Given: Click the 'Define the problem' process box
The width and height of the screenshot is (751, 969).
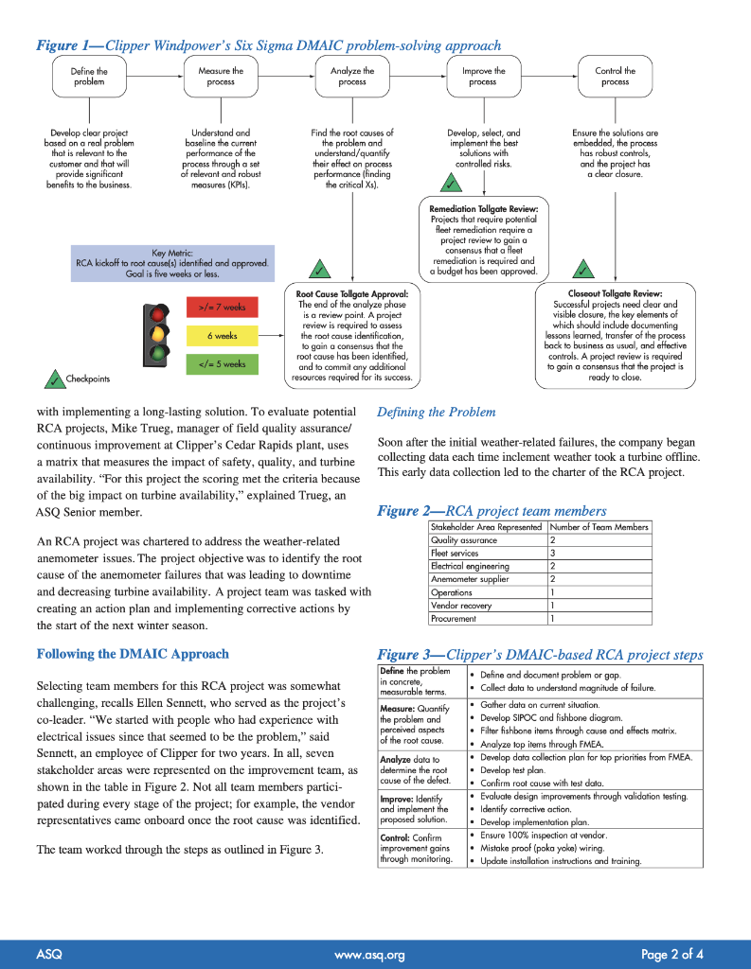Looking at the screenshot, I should (89, 77).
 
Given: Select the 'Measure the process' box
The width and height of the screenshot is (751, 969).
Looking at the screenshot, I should (221, 77).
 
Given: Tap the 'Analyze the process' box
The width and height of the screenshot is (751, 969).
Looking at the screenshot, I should (352, 77).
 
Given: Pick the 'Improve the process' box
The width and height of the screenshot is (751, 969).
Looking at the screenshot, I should (483, 77).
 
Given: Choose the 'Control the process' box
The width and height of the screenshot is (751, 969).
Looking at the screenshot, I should (615, 77).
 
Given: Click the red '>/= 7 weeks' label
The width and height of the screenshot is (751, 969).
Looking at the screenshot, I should (223, 307).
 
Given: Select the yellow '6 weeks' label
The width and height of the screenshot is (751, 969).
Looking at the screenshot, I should (223, 335).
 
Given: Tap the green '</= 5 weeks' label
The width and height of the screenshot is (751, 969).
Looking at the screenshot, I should (223, 363).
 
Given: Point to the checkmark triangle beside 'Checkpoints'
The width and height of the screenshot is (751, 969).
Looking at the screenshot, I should (52, 379).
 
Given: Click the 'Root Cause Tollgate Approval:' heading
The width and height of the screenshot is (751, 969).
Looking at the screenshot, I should (352, 294).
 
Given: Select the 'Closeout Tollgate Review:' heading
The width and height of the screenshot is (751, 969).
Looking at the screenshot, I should (615, 294).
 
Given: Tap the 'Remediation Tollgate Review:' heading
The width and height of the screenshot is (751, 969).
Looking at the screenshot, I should (483, 208).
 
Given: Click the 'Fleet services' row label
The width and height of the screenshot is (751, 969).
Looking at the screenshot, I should (454, 553).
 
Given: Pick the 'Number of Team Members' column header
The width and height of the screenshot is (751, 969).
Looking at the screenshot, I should (599, 527).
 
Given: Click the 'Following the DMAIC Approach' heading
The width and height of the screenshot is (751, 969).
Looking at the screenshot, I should (133, 654).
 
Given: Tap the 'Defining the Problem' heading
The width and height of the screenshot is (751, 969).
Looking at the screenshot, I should (436, 412).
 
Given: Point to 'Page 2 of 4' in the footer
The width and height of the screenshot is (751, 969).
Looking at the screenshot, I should (671, 954).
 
